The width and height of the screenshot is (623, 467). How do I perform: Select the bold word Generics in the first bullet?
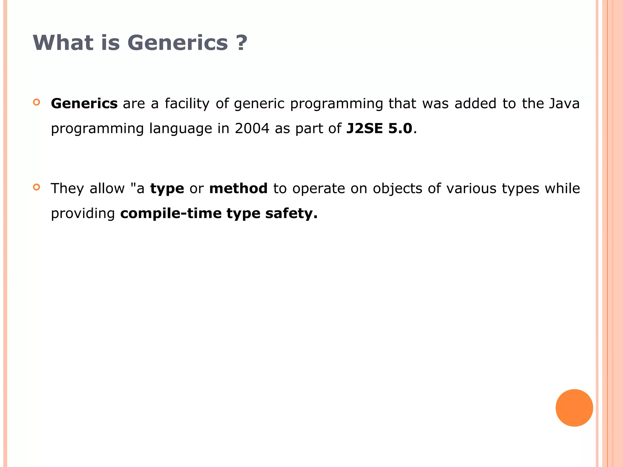tap(84, 104)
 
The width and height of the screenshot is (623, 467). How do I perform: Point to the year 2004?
tap(252, 128)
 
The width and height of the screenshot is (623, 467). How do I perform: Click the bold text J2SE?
tap(364, 128)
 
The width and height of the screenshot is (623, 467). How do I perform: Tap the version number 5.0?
tap(400, 128)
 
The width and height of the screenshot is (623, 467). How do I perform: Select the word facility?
tap(187, 104)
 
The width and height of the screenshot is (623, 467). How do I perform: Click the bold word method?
tap(238, 189)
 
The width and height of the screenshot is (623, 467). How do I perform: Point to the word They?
tap(67, 189)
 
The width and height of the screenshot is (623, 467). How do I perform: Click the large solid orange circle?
tap(574, 408)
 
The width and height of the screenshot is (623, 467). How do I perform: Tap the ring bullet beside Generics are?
tap(37, 102)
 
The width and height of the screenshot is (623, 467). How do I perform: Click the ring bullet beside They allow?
tap(37, 187)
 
